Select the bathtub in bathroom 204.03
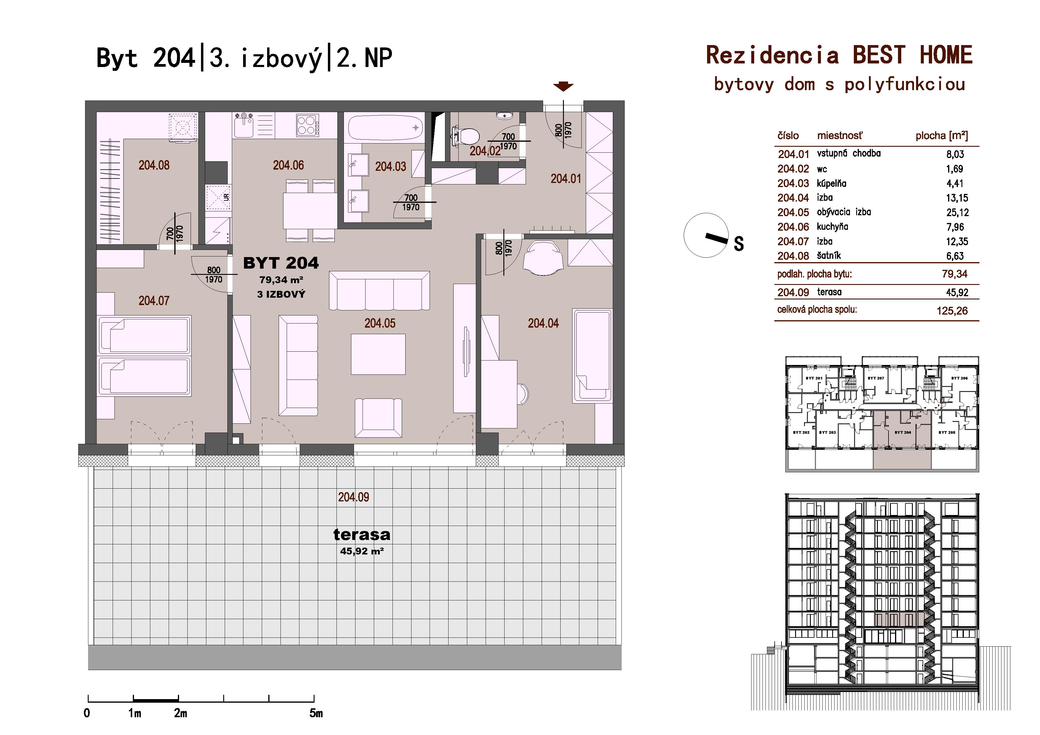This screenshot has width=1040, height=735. [385, 128]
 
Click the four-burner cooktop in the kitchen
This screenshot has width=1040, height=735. [307, 125]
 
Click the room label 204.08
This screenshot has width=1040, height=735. [154, 165]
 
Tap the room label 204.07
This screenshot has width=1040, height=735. [154, 301]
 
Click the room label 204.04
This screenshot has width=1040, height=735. [543, 323]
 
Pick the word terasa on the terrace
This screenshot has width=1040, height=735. [361, 535]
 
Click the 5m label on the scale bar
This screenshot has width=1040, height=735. [316, 714]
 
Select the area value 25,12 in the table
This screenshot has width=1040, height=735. [957, 212]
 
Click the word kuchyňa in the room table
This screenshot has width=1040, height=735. [832, 227]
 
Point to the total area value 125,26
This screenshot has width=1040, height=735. [952, 311]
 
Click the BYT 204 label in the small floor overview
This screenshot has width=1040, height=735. [903, 433]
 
